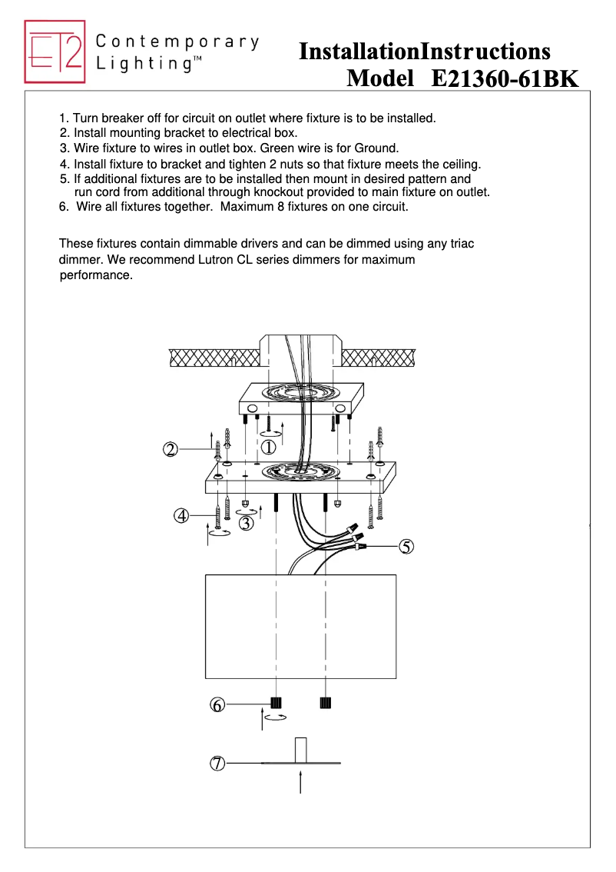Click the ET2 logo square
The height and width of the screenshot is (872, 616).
tap(55, 52)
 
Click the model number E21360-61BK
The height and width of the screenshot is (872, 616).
tap(505, 78)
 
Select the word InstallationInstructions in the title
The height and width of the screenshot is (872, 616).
tap(424, 52)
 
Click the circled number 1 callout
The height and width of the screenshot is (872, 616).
tap(269, 447)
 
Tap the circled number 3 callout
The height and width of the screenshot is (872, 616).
tap(247, 524)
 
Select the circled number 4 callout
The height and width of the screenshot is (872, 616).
tap(181, 516)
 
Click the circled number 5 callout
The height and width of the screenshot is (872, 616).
tap(406, 547)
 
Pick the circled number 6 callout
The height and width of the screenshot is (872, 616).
tap(218, 704)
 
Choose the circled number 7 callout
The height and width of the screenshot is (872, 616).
tap(218, 764)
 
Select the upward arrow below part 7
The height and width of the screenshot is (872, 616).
tap(300, 783)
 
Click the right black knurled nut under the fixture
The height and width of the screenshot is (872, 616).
tap(326, 702)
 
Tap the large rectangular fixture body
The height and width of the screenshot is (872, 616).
tap(300, 626)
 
